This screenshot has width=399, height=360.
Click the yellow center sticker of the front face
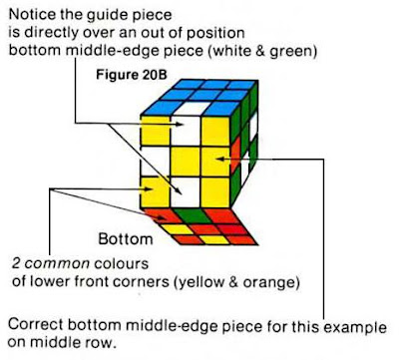186,159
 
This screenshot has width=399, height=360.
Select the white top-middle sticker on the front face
187,127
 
